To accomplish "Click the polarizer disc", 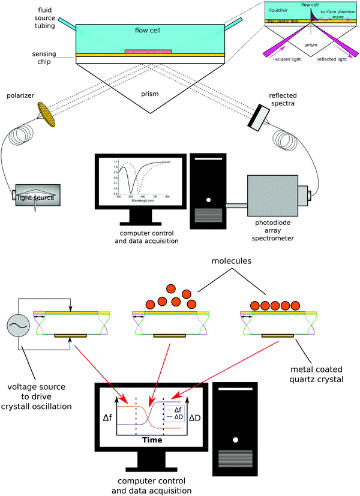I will tap(47, 114).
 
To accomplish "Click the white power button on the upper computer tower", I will tap(208, 200).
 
